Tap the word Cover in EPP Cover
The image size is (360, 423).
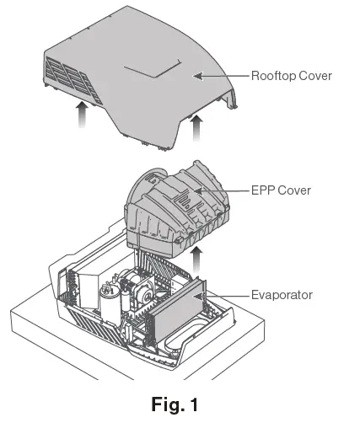pos(294,190)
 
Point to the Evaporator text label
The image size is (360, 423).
pos(281,295)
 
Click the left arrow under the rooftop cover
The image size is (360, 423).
pos(81,113)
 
